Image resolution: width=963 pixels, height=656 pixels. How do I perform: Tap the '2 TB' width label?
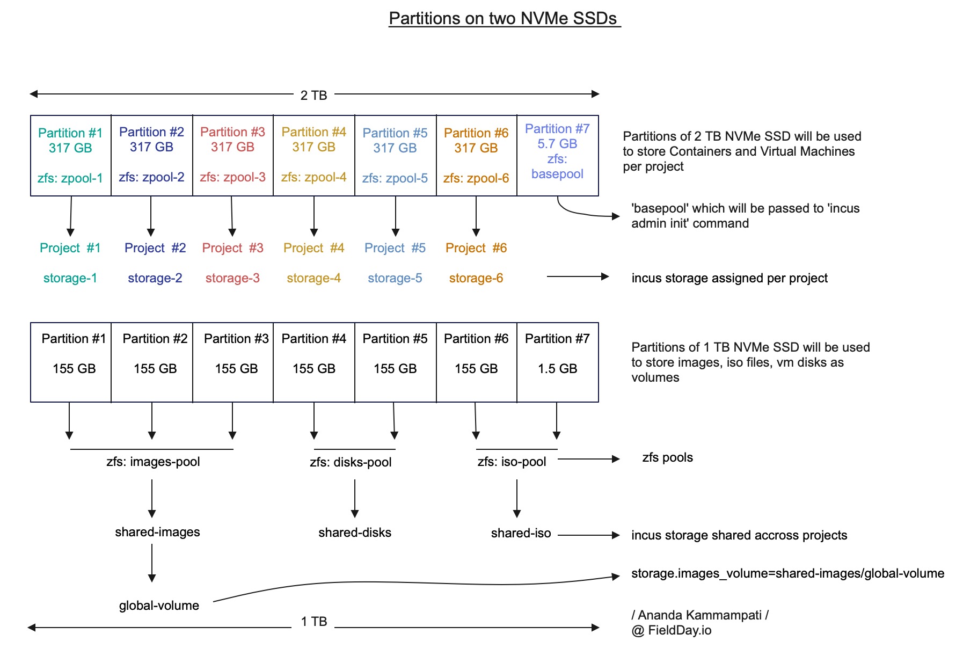click(x=314, y=95)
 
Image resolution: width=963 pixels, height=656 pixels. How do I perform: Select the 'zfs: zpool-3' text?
click(x=233, y=177)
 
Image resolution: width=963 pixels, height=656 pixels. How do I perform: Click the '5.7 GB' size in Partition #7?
click(x=557, y=143)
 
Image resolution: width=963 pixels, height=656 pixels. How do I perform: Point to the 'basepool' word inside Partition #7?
click(x=557, y=173)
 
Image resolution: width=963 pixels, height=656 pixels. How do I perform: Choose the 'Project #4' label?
click(x=314, y=247)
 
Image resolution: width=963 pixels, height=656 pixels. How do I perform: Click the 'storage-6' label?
click(x=476, y=278)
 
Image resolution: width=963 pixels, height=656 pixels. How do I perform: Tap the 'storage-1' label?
click(x=70, y=278)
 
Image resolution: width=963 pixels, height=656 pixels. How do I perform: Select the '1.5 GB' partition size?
click(x=557, y=368)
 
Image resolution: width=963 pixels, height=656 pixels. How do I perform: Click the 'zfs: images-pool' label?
click(x=153, y=461)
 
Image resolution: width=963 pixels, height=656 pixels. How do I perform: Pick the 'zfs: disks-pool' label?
click(x=351, y=462)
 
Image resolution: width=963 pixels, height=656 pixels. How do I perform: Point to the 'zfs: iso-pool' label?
click(x=512, y=461)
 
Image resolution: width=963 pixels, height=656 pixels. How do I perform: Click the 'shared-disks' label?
click(x=355, y=532)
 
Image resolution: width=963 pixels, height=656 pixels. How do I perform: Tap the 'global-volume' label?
click(x=159, y=605)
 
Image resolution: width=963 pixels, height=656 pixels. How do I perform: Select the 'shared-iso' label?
click(x=521, y=533)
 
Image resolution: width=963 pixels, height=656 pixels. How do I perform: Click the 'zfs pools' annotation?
click(x=667, y=457)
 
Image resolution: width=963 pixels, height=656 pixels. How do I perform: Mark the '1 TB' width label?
click(x=314, y=621)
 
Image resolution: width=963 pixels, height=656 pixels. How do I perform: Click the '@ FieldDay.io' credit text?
click(x=672, y=630)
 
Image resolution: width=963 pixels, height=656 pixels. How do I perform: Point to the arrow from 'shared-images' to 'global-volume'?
click(x=152, y=563)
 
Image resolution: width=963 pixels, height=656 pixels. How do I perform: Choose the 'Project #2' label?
click(x=155, y=247)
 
